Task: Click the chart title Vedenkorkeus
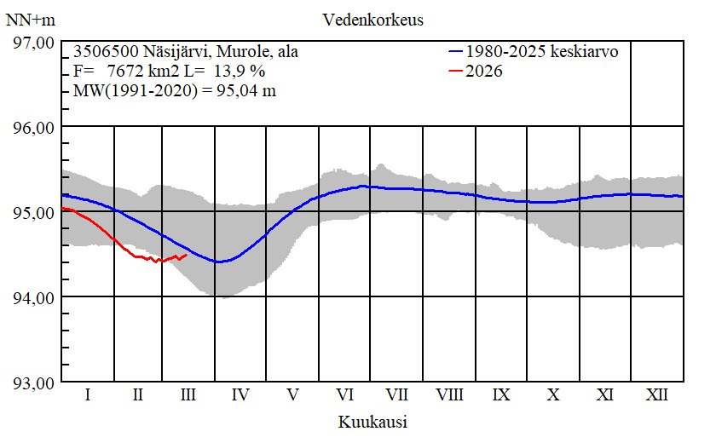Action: click(x=372, y=19)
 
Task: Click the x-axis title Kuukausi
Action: click(x=372, y=422)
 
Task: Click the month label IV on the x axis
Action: click(x=240, y=395)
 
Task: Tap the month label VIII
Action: click(x=449, y=395)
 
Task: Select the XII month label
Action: click(x=656, y=395)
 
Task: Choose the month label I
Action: click(x=87, y=395)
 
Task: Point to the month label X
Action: click(x=553, y=395)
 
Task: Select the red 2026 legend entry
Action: click(x=484, y=72)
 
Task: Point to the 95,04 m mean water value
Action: click(x=240, y=91)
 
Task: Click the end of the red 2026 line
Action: click(x=187, y=254)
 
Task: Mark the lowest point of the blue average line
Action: click(x=219, y=262)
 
